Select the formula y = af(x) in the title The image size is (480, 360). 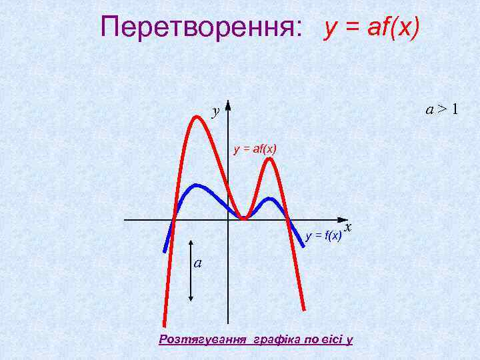(371, 27)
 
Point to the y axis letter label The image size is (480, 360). (215, 111)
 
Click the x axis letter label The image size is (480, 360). (349, 229)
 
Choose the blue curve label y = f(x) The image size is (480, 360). (324, 235)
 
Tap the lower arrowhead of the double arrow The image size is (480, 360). (192, 301)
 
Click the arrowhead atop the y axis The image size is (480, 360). (228, 105)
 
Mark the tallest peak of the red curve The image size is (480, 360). (197, 117)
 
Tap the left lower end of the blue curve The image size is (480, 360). (165, 250)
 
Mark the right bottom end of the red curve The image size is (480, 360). (304, 309)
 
